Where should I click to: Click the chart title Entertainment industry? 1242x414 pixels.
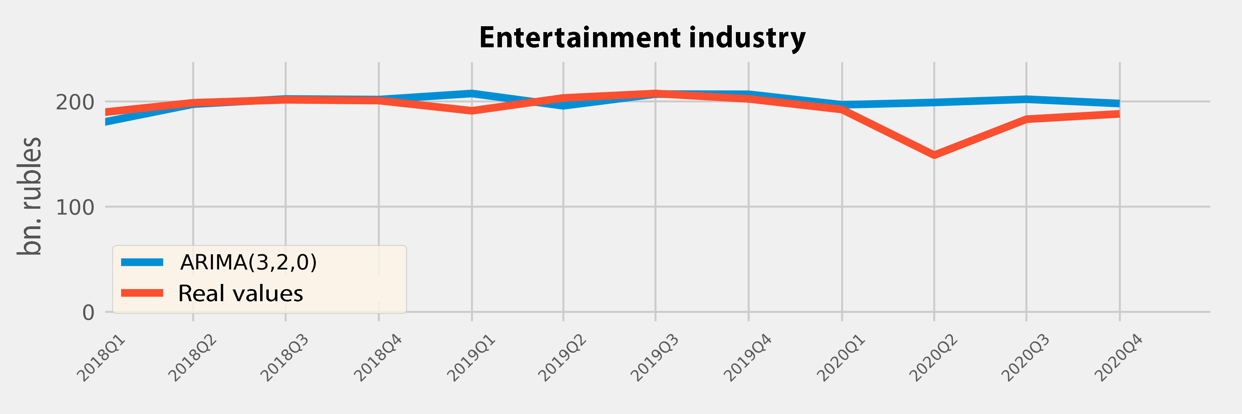642,38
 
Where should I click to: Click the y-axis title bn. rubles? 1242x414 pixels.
30,196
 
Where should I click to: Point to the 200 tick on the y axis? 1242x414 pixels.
75,102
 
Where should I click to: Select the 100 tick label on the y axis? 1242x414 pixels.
75,207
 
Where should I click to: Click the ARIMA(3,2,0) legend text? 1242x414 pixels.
248,262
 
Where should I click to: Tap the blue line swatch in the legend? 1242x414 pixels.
142,262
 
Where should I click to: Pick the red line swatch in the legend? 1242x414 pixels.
142,293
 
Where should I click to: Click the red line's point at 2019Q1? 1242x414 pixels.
472,111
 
